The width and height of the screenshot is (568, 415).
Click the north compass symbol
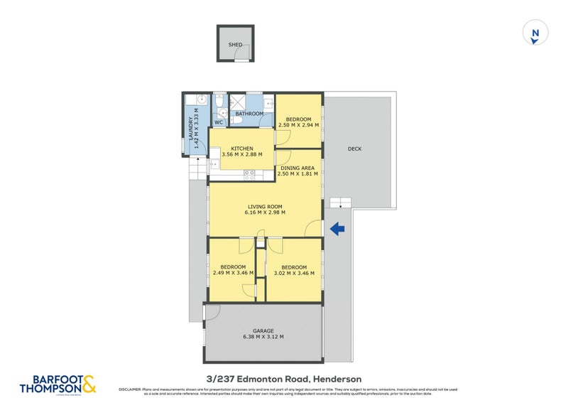click(535, 34)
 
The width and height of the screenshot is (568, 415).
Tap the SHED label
click(235, 45)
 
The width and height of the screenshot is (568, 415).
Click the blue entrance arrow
click(337, 228)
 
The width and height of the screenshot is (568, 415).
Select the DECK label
click(355, 149)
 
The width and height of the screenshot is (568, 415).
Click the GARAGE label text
click(263, 331)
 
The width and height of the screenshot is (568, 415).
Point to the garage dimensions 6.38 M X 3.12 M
click(263, 338)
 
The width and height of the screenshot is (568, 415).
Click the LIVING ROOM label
click(265, 205)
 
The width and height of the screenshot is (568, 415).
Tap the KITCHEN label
click(241, 149)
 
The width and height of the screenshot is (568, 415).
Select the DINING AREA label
click(297, 168)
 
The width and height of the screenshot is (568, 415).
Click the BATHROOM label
click(249, 114)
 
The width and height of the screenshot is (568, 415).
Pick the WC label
click(219, 122)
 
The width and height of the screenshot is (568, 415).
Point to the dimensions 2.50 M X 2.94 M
click(297, 125)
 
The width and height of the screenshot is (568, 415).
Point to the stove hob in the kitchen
click(250, 173)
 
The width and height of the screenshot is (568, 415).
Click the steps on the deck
click(341, 203)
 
